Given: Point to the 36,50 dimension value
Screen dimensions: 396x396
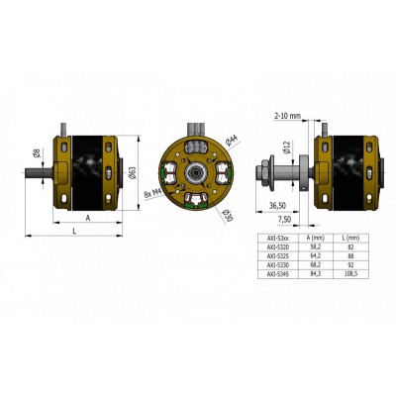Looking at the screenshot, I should click(280, 206).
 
